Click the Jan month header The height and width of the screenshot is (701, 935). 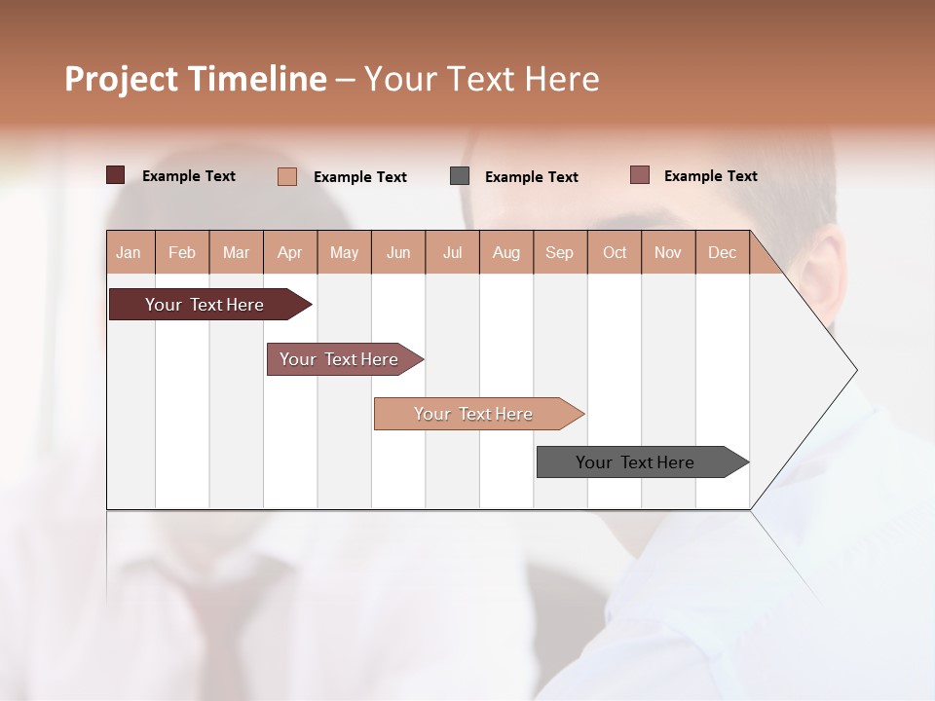pos(129,252)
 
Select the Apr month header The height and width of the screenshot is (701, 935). pos(289,252)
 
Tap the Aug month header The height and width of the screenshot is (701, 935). pos(505,252)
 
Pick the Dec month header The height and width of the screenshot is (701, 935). pos(722,252)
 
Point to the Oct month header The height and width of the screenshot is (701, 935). pos(614,252)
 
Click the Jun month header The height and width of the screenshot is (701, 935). pos(397,252)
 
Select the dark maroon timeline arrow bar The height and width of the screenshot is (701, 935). pos(205,305)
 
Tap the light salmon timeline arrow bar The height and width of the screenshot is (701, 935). pos(474,414)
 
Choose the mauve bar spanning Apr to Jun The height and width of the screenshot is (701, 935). pos(339,359)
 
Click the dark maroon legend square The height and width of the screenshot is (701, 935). pos(115,175)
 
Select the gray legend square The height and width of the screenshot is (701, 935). pos(460,176)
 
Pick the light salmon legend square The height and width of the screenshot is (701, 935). pos(287,176)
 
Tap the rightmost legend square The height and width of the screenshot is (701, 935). pos(639,175)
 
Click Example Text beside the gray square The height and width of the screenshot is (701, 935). pos(531,177)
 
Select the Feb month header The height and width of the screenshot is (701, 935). pos(182,252)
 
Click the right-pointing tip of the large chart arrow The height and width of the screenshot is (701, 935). pos(854,370)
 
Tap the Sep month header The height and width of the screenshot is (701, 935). pos(559,252)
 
